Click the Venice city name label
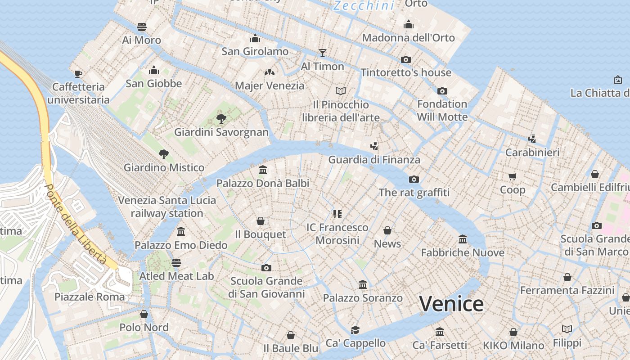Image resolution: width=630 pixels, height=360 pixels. (x=451, y=304)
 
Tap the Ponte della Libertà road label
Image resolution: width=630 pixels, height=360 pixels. (x=76, y=224)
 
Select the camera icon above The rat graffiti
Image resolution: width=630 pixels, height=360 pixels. (x=414, y=179)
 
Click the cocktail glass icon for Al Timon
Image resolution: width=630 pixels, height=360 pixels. (x=322, y=53)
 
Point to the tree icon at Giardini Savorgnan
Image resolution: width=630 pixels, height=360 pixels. (x=221, y=119)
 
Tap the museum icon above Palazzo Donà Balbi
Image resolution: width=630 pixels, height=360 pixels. (x=263, y=170)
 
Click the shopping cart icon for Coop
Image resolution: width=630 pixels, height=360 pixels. (x=513, y=176)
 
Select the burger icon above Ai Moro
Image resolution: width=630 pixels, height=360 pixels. (x=142, y=27)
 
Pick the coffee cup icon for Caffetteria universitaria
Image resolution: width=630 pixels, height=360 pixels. (x=78, y=74)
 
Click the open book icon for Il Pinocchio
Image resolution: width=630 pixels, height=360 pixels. (x=341, y=91)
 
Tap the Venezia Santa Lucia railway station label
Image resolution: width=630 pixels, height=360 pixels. (x=167, y=207)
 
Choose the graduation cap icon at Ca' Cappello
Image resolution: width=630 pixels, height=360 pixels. (x=355, y=330)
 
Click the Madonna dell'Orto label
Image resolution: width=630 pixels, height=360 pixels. (x=408, y=38)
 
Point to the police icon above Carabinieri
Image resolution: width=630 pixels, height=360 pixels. (x=532, y=139)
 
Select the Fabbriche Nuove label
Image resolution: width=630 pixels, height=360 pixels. (x=463, y=252)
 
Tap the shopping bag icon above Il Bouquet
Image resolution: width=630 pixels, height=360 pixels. (x=260, y=221)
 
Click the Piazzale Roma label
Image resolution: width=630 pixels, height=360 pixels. (x=90, y=297)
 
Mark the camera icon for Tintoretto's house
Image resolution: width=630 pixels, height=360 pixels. (x=406, y=59)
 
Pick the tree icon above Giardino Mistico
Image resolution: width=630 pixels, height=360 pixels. (x=164, y=154)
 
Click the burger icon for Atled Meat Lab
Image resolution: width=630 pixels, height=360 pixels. (x=176, y=263)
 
